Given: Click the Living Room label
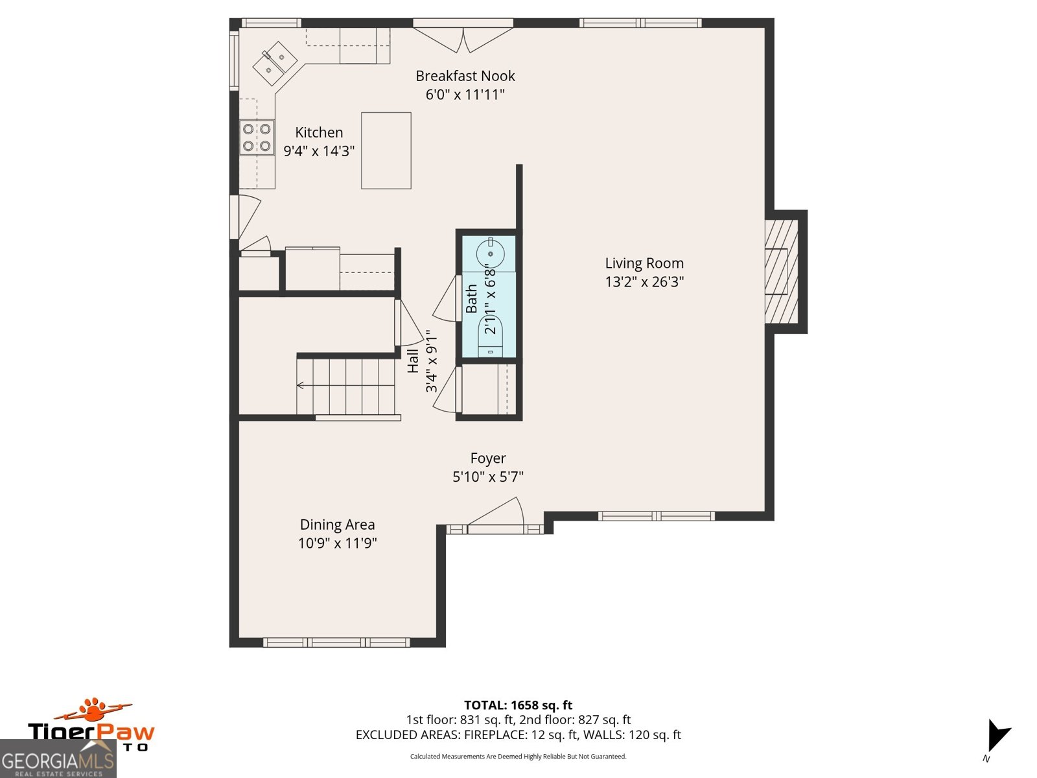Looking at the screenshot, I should pyautogui.click(x=644, y=263).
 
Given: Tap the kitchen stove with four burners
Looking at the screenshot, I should pyautogui.click(x=257, y=137).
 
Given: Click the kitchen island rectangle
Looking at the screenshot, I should pyautogui.click(x=386, y=150).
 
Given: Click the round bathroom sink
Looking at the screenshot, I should pyautogui.click(x=490, y=253).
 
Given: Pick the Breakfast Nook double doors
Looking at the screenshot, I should pyautogui.click(x=463, y=38).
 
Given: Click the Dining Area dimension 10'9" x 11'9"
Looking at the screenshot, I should pyautogui.click(x=337, y=543).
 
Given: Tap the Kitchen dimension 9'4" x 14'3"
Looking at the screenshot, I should pyautogui.click(x=319, y=151).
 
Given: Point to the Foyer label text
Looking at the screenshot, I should pyautogui.click(x=488, y=458).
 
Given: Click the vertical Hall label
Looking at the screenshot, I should pyautogui.click(x=413, y=361).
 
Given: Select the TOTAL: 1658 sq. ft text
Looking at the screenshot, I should pyautogui.click(x=518, y=705).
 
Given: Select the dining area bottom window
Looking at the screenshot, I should pyautogui.click(x=336, y=642).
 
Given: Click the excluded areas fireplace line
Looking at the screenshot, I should pyautogui.click(x=518, y=735).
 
